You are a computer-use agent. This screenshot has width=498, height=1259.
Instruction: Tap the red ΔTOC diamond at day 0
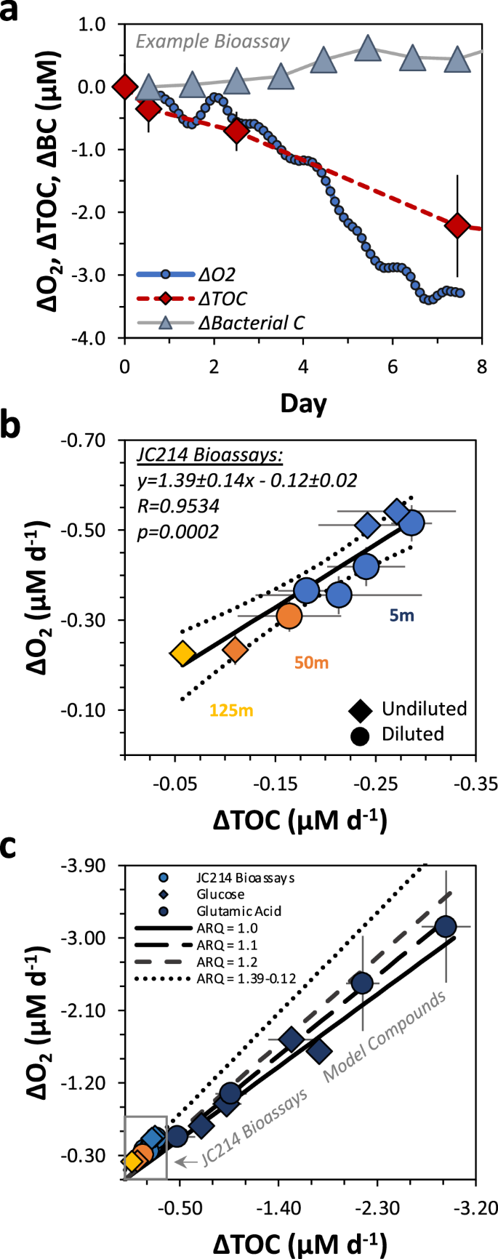point(124,87)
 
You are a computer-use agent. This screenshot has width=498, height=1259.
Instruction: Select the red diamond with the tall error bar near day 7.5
point(457,225)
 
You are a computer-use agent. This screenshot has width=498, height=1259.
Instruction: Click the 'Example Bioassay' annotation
point(212,41)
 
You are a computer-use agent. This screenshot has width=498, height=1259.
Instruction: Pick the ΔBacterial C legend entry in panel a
point(252,321)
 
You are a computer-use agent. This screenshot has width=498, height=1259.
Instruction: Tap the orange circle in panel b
point(289,616)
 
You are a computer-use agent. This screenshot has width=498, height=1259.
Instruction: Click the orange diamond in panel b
point(235,649)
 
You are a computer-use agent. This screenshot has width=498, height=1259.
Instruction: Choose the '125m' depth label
point(231,710)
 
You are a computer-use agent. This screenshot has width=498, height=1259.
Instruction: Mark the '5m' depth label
point(401,616)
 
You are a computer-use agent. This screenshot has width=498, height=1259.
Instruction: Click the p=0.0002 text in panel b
point(178,532)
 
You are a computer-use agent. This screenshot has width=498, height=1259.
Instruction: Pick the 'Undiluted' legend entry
point(424,708)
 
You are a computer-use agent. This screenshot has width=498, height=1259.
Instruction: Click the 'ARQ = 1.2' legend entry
point(227,962)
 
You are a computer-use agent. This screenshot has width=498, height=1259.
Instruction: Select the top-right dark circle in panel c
point(445,926)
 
